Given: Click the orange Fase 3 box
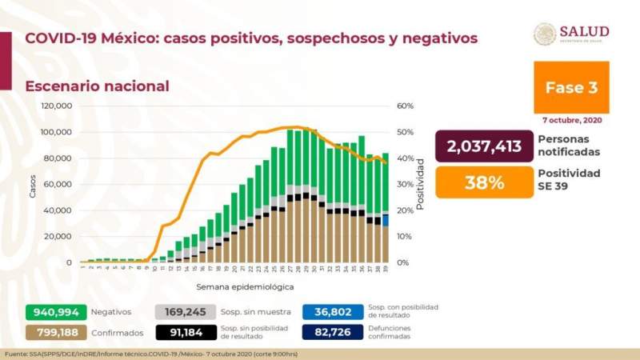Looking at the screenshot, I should coord(571,87).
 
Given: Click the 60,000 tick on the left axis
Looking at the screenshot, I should coord(59,184).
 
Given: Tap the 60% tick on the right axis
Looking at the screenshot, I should coord(405,106).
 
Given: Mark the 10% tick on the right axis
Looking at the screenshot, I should coord(405,237).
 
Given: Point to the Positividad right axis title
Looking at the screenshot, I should coord(420,183).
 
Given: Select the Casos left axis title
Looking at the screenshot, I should coord(32,185).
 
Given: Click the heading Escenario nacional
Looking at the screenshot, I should coord(97,86).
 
